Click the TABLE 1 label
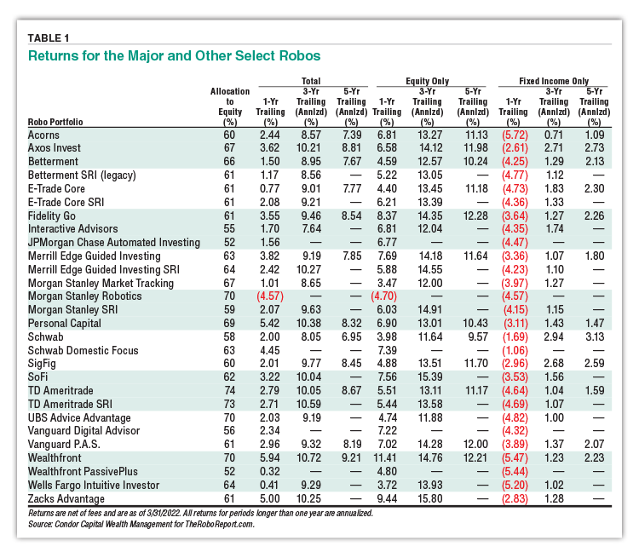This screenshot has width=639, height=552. [x=49, y=38]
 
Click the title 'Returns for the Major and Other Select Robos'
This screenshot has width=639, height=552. [x=175, y=56]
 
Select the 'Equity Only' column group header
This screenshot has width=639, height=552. [x=427, y=81]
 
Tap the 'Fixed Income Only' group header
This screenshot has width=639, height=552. [x=554, y=81]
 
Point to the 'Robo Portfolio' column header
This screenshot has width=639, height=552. [x=55, y=122]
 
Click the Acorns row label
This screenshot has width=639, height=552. [x=43, y=135]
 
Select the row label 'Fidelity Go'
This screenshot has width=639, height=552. [x=52, y=216]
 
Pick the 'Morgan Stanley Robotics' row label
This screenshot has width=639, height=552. [x=84, y=296]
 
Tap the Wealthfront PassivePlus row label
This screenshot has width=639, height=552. [x=83, y=471]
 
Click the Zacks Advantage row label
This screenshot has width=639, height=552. [x=66, y=498]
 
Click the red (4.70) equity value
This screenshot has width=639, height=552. [x=383, y=296]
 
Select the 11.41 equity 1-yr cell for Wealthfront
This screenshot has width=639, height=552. [x=385, y=458]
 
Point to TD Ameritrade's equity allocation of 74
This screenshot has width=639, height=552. [x=229, y=390]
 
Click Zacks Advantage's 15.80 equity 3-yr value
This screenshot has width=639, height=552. [x=430, y=498]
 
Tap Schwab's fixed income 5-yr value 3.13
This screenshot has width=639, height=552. [x=594, y=336]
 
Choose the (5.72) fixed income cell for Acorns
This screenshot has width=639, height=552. [x=515, y=135]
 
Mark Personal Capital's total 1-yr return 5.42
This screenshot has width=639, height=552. [x=270, y=323]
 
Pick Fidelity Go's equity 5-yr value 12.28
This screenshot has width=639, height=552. [x=475, y=216]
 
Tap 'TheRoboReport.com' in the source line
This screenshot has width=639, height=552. [x=219, y=524]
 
